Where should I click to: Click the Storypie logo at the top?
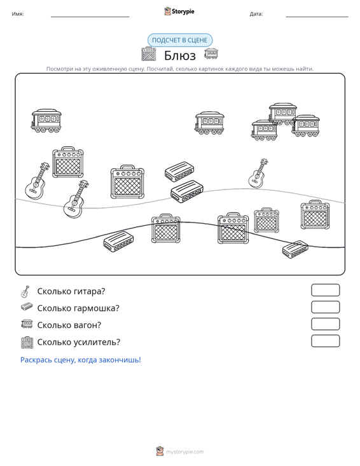179,11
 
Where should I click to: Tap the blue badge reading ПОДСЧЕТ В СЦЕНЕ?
180,40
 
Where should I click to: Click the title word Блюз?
180,55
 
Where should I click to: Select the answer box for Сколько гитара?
325,290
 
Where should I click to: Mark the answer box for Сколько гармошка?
325,307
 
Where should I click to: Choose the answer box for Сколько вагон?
325,324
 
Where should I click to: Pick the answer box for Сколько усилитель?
325,341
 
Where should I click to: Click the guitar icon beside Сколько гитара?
25,292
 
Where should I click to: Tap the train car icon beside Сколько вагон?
27,324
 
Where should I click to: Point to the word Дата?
256,14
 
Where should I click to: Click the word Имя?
18,14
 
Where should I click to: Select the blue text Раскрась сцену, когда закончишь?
81,360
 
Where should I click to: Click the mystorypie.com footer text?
184,452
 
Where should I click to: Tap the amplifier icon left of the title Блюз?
149,54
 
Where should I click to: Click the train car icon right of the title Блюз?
211,54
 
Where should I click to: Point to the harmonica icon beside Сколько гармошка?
27,306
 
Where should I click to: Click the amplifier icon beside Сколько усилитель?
27,343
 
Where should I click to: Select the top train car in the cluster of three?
282,114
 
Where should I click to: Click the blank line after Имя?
90,17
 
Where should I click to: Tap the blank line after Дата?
317,17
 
